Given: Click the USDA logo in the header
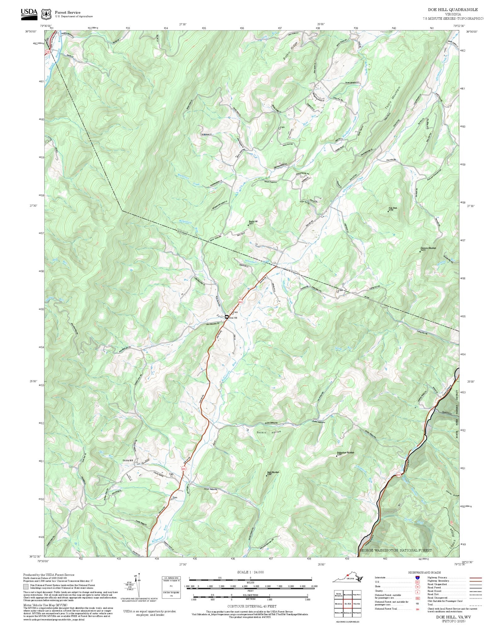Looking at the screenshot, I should pos(29,14).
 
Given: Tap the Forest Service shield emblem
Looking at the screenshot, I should pos(47,14).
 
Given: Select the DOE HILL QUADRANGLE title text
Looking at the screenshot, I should pos(453,10).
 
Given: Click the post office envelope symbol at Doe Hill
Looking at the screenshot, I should pos(226,317).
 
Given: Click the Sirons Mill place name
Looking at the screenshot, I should pos(128,460).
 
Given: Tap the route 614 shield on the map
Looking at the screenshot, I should pos(398,475).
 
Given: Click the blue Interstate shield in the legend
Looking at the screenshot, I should pos(417,578).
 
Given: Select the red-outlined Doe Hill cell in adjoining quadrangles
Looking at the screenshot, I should pos(347,604).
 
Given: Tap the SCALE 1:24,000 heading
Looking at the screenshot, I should pos(250,572).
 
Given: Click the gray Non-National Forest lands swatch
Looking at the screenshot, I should pos(26,587).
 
